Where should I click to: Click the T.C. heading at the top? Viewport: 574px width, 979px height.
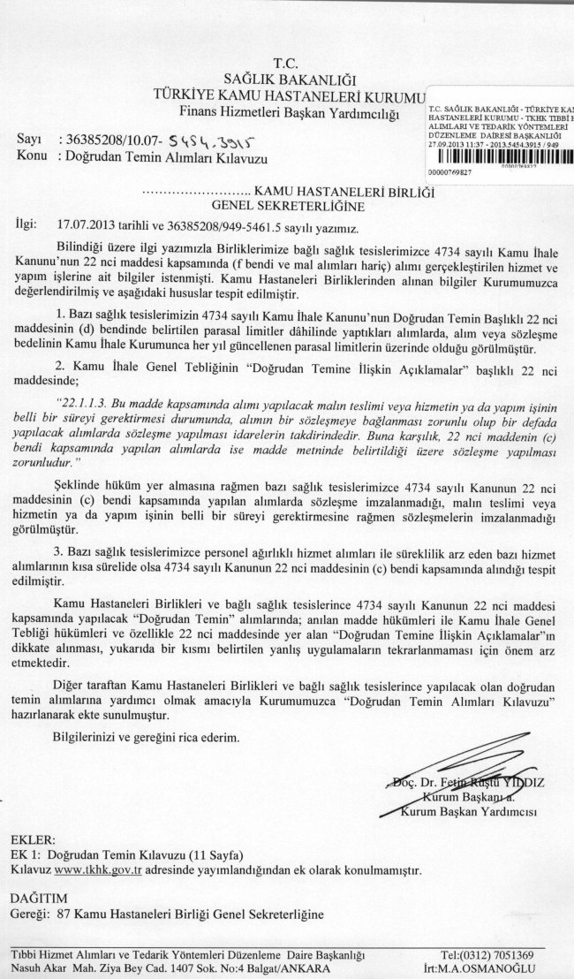click(287, 63)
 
